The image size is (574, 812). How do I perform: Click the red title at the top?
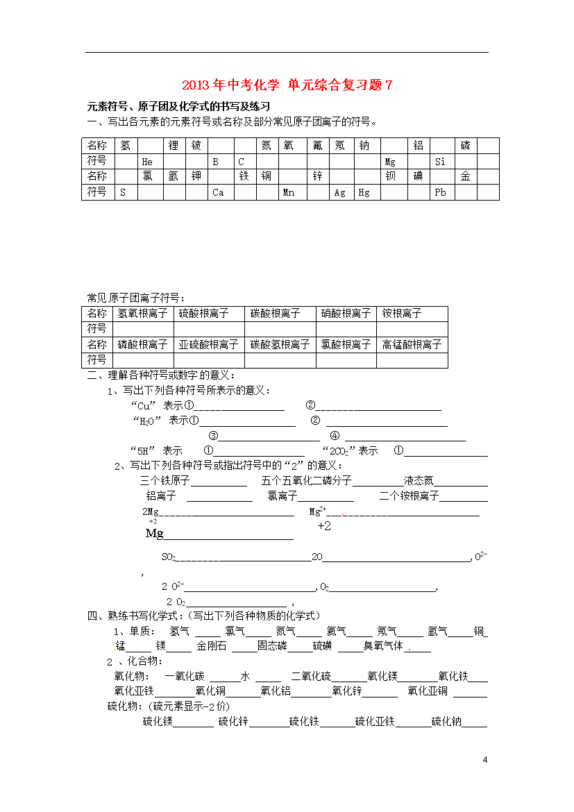(x=287, y=85)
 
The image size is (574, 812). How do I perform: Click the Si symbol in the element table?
(x=440, y=161)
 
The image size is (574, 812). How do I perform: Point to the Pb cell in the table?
(x=440, y=192)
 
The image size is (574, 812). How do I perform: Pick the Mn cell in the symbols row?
(x=289, y=192)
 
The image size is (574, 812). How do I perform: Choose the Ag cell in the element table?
(x=339, y=192)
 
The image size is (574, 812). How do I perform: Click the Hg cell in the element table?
(x=364, y=192)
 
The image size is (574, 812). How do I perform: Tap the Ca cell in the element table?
(x=218, y=192)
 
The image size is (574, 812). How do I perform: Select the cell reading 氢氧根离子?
(x=142, y=313)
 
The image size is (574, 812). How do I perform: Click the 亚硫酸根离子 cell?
(x=208, y=344)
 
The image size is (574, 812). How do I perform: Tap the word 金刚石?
(x=211, y=645)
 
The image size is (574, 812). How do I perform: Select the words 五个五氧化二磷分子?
(x=307, y=480)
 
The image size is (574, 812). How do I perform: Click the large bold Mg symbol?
(x=154, y=533)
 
